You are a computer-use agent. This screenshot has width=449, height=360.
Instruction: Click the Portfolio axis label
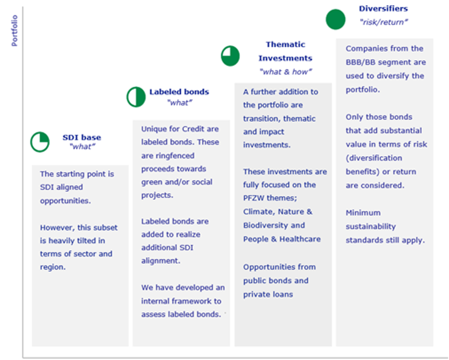click(x=14, y=30)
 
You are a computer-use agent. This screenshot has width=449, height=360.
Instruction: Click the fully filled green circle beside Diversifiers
click(x=335, y=20)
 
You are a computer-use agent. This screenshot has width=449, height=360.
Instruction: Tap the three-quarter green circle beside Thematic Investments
click(x=230, y=56)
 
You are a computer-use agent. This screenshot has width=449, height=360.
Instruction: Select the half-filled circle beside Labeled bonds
click(x=136, y=97)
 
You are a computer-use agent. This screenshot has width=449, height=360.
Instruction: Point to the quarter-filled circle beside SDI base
click(x=40, y=142)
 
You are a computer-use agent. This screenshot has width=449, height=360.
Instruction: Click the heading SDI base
click(x=82, y=137)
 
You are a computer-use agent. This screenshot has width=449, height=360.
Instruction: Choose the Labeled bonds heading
click(x=179, y=92)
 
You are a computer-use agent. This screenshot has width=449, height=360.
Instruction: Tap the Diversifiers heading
click(x=383, y=9)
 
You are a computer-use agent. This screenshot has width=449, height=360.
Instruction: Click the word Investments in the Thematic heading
click(x=285, y=58)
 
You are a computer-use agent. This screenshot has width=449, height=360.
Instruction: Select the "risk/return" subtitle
click(x=383, y=22)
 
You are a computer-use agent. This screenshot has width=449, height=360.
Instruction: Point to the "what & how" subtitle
click(x=285, y=72)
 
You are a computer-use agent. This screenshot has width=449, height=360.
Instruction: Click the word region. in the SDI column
click(x=53, y=267)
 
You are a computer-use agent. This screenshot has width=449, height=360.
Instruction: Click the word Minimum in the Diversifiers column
click(x=363, y=213)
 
